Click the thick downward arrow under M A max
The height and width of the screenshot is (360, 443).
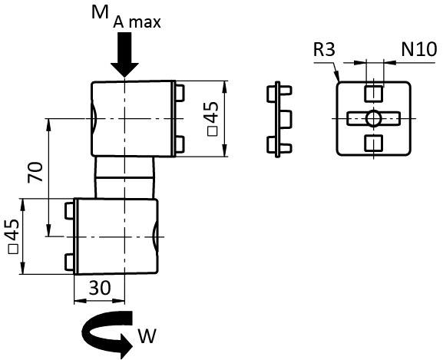tap(124, 54)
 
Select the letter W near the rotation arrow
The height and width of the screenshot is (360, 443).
tap(147, 336)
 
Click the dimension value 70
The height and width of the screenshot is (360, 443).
tap(35, 172)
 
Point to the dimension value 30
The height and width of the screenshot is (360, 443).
tap(100, 289)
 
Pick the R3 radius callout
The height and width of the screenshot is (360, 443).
tap(324, 49)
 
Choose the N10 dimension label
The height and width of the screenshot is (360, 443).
tap(419, 49)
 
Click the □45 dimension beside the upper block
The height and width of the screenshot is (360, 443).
tap(213, 118)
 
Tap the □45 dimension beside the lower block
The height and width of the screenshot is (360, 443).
tap(13, 236)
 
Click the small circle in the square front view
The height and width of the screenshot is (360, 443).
tap(373, 118)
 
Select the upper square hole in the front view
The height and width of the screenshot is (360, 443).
tap(373, 94)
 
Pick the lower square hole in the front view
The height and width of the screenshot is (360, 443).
tap(373, 144)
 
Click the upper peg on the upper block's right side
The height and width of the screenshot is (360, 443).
tap(180, 93)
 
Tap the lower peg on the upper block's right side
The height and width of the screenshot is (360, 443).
tap(180, 144)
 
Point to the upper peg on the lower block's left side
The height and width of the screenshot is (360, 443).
tap(70, 210)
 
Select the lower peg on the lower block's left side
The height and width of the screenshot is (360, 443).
tap(70, 262)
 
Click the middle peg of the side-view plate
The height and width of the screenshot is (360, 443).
tap(286, 119)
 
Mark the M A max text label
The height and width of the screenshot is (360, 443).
tap(126, 18)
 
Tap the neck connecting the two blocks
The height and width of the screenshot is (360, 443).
tap(124, 177)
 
